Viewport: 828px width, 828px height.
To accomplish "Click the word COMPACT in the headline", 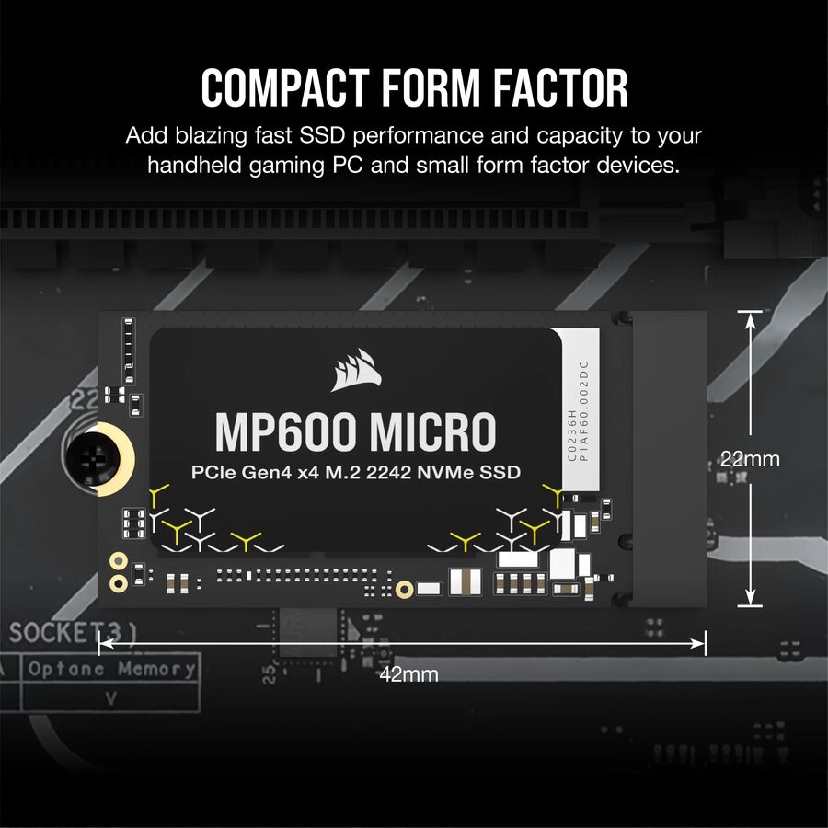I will click(279, 89).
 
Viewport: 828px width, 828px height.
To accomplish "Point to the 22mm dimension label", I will click(750, 458).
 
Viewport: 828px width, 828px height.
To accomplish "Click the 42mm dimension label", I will click(408, 674).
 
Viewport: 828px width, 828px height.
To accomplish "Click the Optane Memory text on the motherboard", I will click(111, 669).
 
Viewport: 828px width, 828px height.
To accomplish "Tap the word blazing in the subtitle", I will click(202, 136).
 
